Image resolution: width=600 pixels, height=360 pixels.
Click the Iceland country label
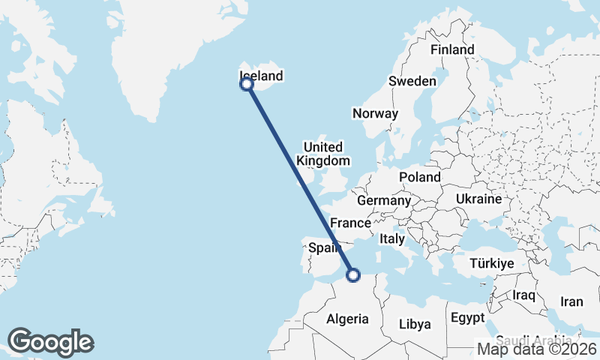tap(261, 76)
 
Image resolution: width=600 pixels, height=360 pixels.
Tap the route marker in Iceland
tap(246, 84)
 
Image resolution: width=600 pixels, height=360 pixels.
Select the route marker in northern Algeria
tap(352, 275)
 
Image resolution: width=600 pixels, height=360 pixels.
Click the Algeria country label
tap(347, 319)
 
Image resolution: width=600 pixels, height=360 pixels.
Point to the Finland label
tap(452, 49)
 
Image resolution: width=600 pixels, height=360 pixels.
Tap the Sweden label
tap(412, 81)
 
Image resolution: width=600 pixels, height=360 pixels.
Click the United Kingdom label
tap(323, 154)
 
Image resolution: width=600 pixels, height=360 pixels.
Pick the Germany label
tap(384, 201)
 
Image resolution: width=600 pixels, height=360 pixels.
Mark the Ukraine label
tap(478, 199)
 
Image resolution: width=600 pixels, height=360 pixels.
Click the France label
tap(351, 223)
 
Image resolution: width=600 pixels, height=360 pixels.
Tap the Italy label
tap(392, 239)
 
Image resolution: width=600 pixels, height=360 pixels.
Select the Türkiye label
tap(491, 263)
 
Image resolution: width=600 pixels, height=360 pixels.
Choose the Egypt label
tap(469, 318)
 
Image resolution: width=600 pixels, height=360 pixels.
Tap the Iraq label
tap(523, 295)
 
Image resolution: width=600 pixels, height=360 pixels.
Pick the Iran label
tap(571, 301)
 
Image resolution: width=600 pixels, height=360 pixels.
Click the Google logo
tap(51, 342)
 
